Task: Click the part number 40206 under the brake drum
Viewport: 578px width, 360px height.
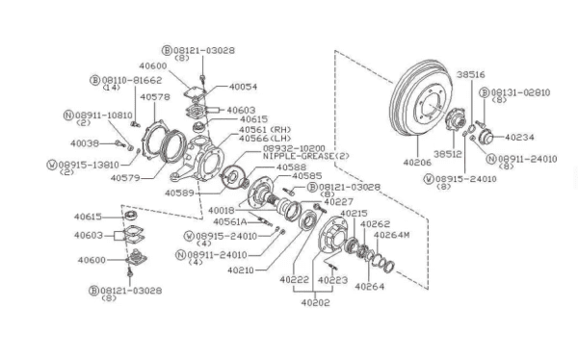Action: (416, 162)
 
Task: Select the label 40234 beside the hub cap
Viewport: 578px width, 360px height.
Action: (519, 138)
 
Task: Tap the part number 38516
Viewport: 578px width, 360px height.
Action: (471, 75)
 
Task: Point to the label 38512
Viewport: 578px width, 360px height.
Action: (448, 154)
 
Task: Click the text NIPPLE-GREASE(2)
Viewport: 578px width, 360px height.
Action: (306, 156)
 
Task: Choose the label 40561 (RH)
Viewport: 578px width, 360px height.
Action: (265, 130)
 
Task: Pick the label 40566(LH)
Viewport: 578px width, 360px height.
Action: (265, 139)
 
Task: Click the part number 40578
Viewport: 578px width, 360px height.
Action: (155, 97)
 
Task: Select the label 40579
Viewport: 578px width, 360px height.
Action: (125, 178)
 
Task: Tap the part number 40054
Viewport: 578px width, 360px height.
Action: (243, 87)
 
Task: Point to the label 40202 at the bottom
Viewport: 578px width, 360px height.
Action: (316, 302)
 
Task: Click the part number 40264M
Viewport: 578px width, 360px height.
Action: (391, 235)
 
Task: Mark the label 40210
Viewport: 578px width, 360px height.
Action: (241, 270)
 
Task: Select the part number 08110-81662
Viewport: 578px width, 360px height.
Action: (132, 80)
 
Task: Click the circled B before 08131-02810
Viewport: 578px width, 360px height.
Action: (485, 92)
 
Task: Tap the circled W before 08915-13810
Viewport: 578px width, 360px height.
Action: (52, 165)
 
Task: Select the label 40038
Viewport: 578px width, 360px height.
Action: (85, 143)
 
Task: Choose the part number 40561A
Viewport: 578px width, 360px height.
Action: (230, 221)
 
